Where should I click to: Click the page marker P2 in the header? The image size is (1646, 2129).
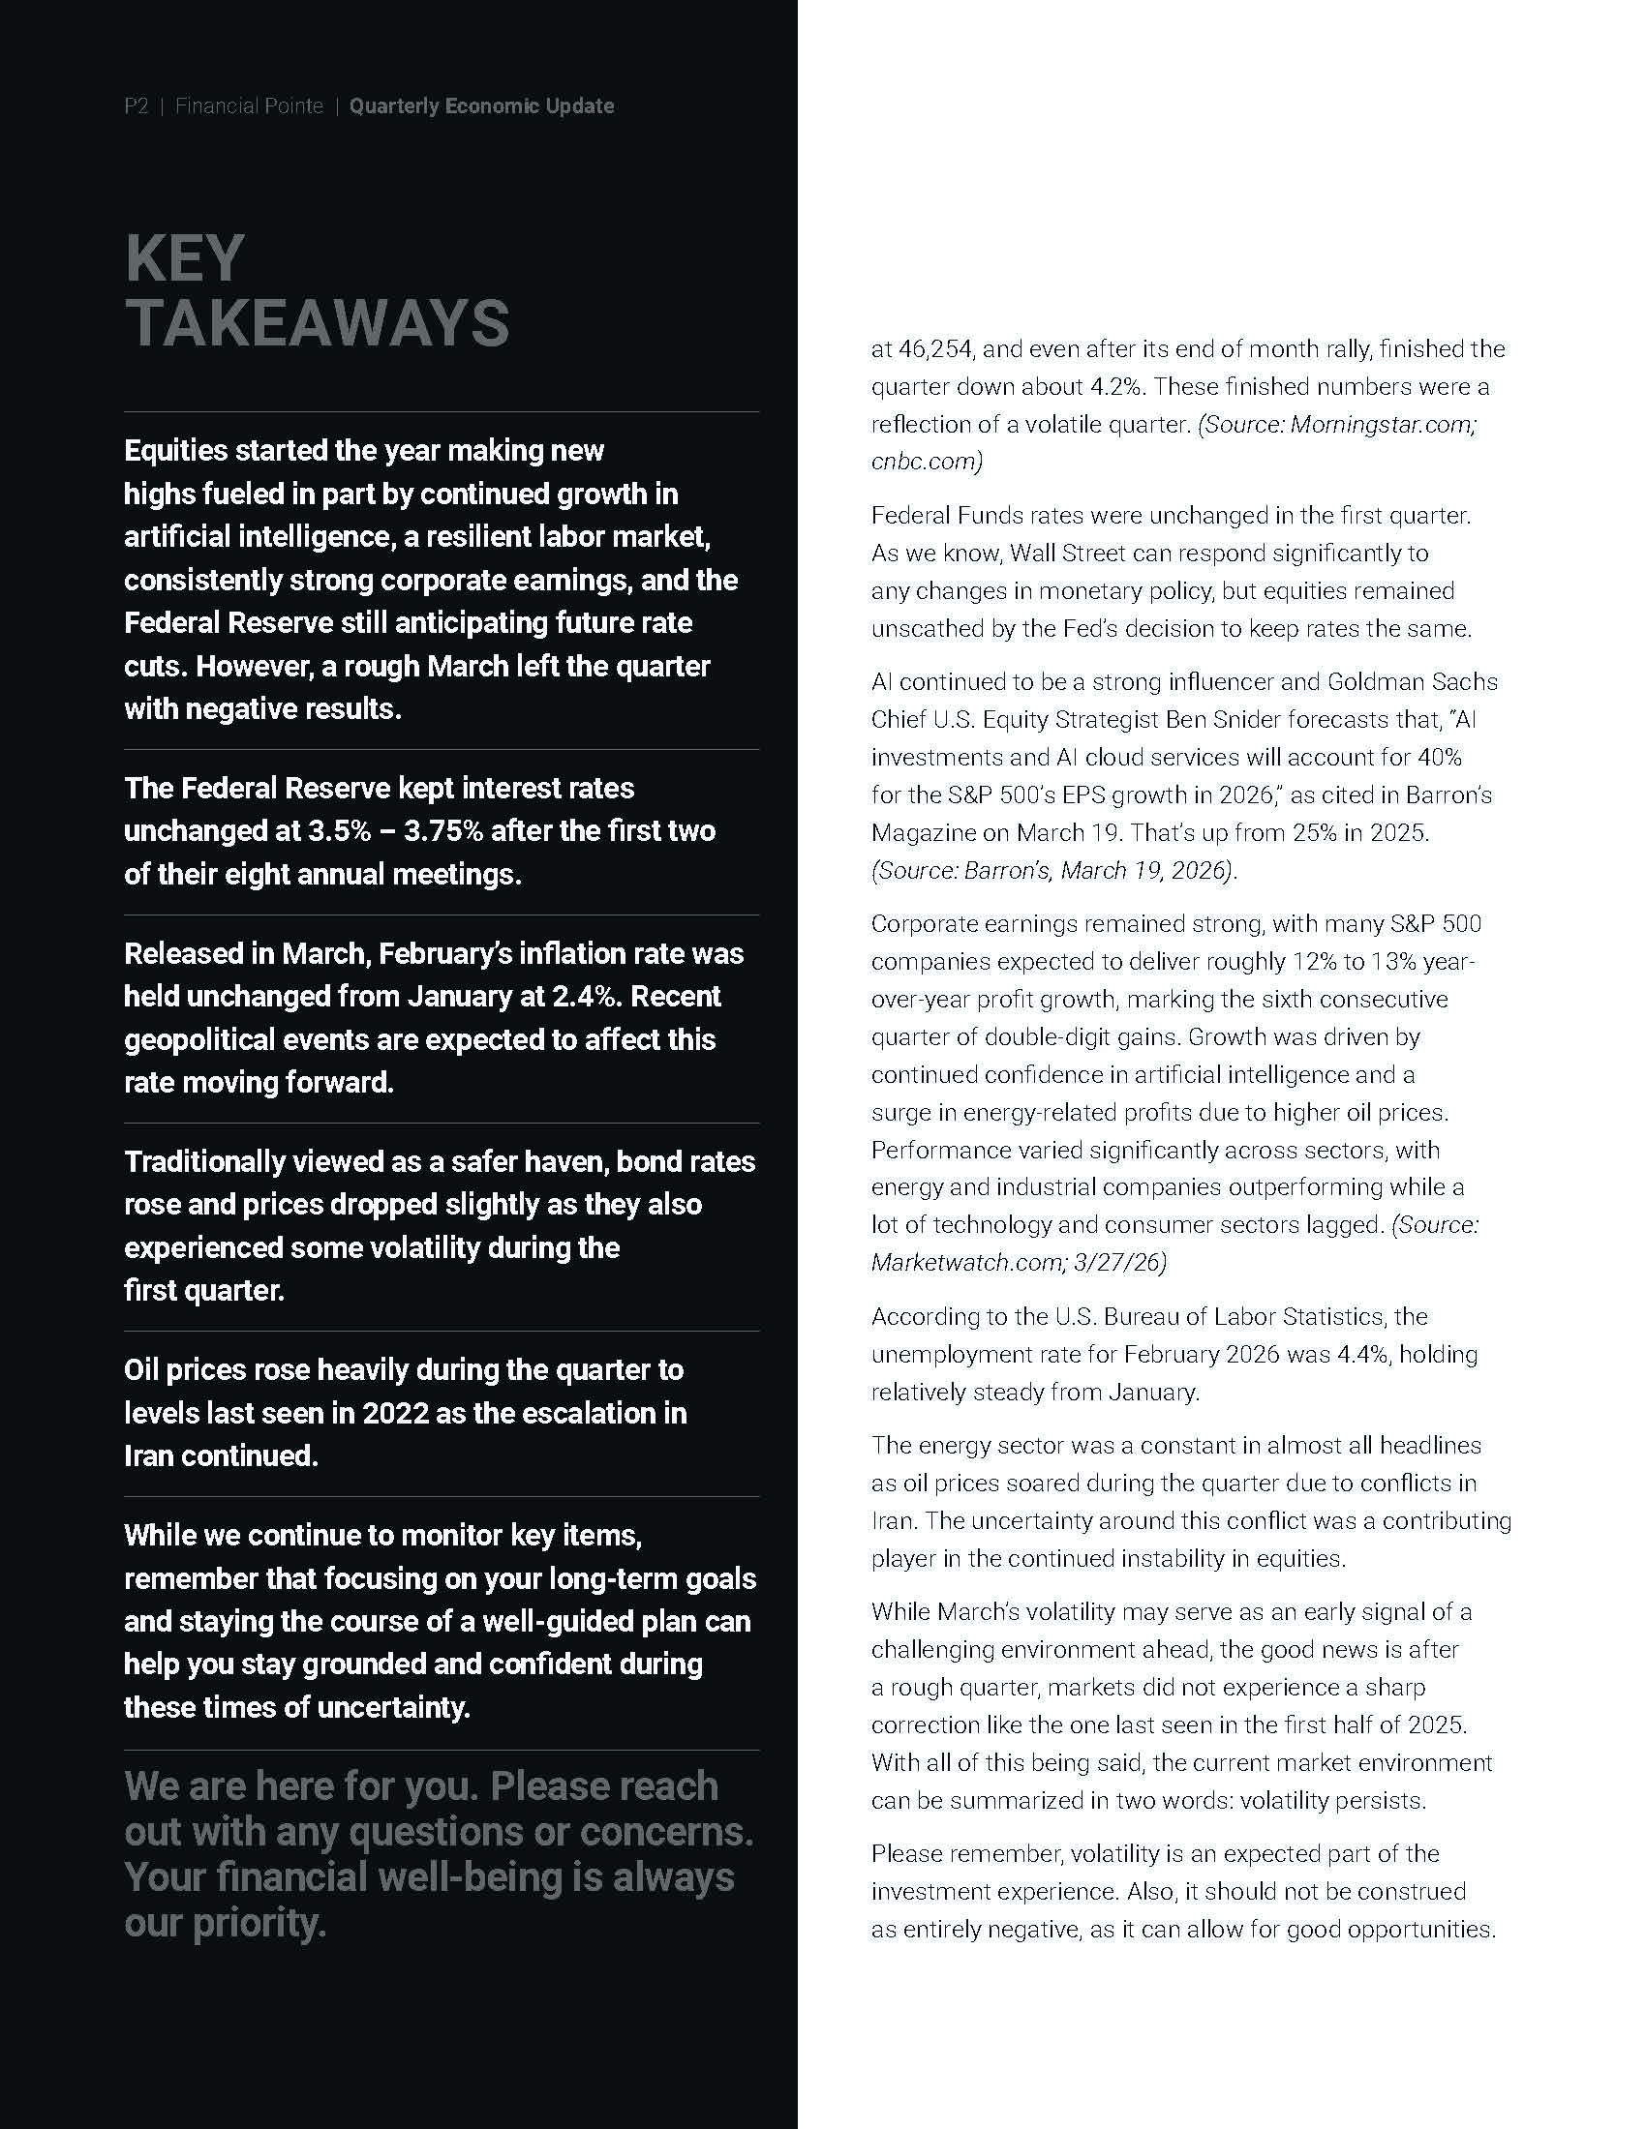(136, 105)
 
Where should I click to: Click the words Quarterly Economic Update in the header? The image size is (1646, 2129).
(482, 105)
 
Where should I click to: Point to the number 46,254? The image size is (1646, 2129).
(927, 349)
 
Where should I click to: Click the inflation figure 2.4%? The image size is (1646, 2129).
(691, 996)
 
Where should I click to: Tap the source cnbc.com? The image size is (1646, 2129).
(926, 461)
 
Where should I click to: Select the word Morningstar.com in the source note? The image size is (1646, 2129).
(1384, 424)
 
